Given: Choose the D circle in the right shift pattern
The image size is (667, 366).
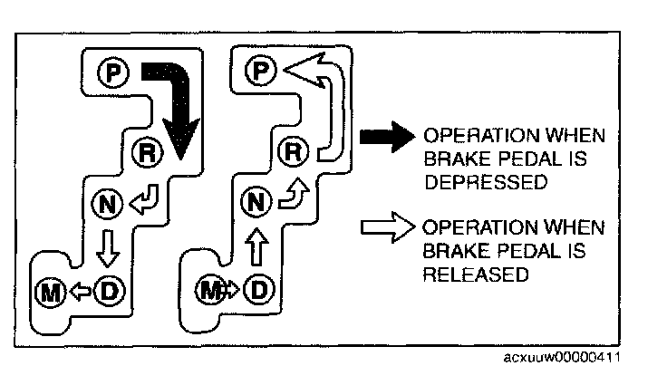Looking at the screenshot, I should click(259, 290).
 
